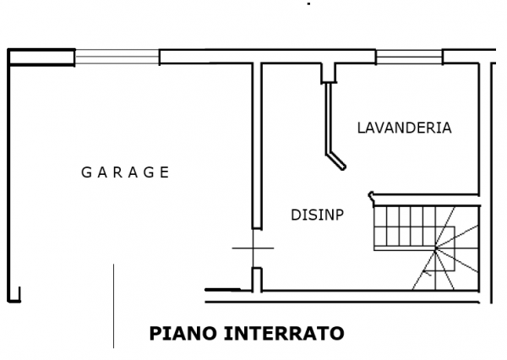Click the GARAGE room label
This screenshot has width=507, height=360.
pyautogui.click(x=125, y=172)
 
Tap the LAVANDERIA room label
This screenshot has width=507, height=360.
pyautogui.click(x=404, y=128)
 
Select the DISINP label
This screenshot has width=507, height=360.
pyautogui.click(x=317, y=215)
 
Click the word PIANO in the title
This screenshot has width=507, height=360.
pyautogui.click(x=183, y=334)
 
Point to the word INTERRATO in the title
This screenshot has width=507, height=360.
pyautogui.click(x=284, y=334)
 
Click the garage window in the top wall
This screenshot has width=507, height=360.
pyautogui.click(x=117, y=57)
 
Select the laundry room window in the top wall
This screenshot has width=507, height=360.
pyautogui.click(x=409, y=57)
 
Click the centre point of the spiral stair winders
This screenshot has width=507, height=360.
pyautogui.click(x=435, y=248)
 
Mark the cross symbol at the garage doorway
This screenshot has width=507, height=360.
pyautogui.click(x=253, y=248)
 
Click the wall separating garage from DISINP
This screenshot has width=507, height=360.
pyautogui.click(x=257, y=146)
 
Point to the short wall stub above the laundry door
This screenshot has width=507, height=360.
pyautogui.click(x=329, y=74)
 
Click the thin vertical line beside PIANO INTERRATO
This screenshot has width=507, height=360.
pyautogui.click(x=113, y=306)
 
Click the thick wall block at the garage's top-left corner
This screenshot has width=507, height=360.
pyautogui.click(x=41, y=57)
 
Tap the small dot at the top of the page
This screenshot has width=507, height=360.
pyautogui.click(x=308, y=4)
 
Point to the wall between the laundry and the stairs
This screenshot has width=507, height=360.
pyautogui.click(x=425, y=195)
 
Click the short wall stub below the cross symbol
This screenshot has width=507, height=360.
pyautogui.click(x=257, y=280)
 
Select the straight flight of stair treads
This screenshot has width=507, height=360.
pyautogui.click(x=404, y=228)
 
